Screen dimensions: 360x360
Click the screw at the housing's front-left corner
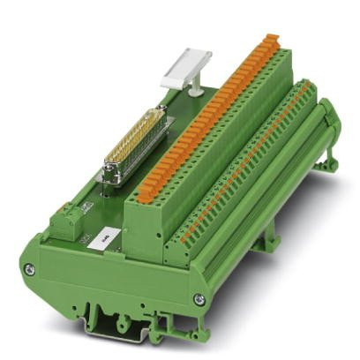[29, 268]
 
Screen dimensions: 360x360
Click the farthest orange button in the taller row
[274, 39]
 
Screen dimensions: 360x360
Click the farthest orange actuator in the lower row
[306, 87]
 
